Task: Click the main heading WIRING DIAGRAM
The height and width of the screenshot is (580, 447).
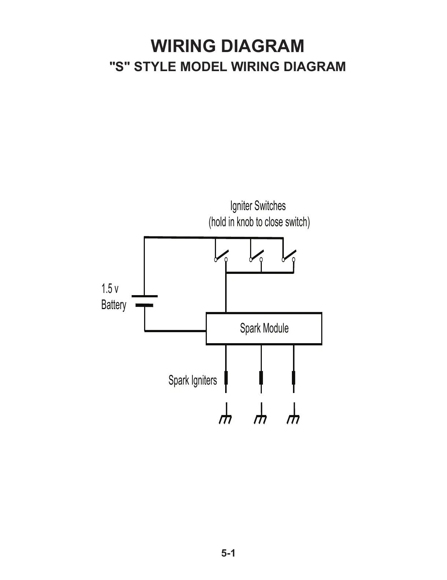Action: click(227, 46)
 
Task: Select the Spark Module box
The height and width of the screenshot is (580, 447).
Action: click(264, 328)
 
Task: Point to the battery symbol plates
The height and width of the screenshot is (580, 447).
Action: click(144, 300)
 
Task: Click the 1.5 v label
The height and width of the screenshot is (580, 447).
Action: click(110, 289)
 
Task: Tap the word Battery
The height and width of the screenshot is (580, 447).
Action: click(113, 305)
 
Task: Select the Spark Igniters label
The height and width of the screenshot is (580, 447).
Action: click(193, 380)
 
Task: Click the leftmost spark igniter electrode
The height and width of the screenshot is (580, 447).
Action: click(226, 378)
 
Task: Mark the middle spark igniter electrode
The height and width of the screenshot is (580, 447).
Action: click(261, 378)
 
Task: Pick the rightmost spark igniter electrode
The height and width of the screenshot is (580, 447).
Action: click(294, 378)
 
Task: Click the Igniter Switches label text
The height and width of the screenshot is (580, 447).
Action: click(258, 206)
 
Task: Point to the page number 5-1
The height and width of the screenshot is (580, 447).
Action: click(227, 553)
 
